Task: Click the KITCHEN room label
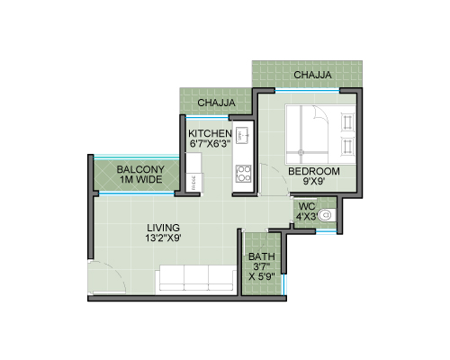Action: (210, 133)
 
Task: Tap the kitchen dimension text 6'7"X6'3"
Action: (210, 143)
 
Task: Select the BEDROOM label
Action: (314, 171)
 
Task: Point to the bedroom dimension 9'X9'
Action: (314, 181)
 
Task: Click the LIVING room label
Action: (164, 228)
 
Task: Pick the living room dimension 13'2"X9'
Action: (164, 238)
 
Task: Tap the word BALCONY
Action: (140, 169)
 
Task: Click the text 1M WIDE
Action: (141, 180)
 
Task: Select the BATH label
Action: (262, 256)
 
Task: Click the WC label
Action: (307, 206)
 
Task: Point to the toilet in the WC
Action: (327, 215)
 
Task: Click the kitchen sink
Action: (243, 136)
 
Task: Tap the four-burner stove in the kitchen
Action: (243, 174)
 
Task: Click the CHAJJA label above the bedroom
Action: (312, 75)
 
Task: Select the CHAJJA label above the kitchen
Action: (216, 103)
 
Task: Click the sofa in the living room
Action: (196, 278)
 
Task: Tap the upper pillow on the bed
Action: (348, 122)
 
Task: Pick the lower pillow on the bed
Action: (348, 147)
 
